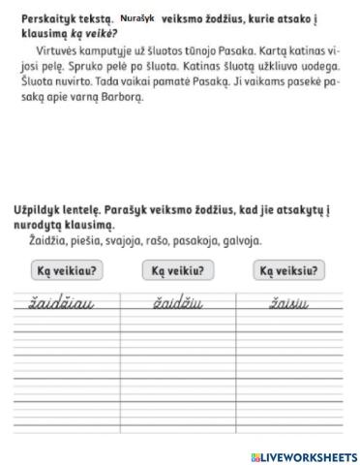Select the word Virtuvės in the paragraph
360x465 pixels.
pos(58,47)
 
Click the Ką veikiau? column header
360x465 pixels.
pos(68,271)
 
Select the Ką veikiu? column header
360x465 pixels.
pos(179,271)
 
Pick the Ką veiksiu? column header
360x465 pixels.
pos(289,271)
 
